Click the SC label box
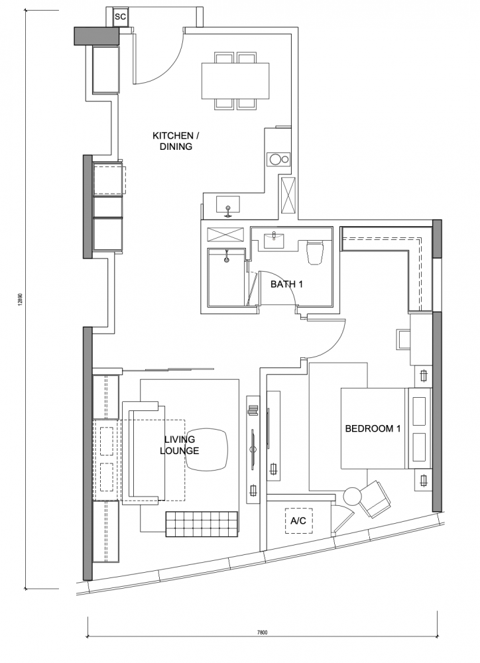121,17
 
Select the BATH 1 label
286,284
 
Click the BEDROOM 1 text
373,429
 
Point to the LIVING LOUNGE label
179,446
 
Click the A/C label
298,520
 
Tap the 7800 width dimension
262,633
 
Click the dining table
235,81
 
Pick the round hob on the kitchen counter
276,159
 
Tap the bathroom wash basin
275,241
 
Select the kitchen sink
228,205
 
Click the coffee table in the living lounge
207,450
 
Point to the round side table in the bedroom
352,495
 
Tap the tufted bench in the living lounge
202,524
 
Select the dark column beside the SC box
97,36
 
